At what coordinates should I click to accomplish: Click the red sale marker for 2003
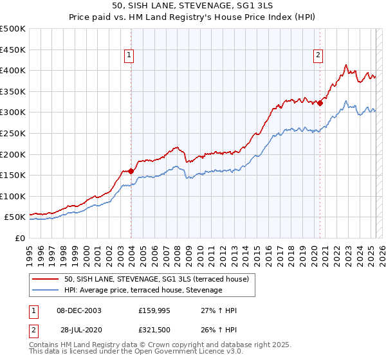point(131,171)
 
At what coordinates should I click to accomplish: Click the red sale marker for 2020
point(320,103)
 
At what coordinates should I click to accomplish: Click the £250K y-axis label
point(14,133)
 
